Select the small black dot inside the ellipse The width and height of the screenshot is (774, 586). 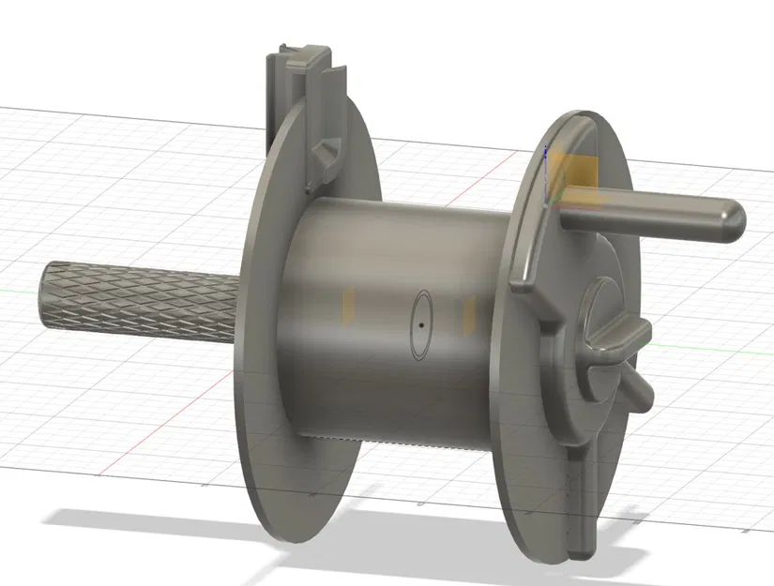421,324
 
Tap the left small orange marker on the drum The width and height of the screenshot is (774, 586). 348,306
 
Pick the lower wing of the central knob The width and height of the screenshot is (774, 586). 638,388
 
